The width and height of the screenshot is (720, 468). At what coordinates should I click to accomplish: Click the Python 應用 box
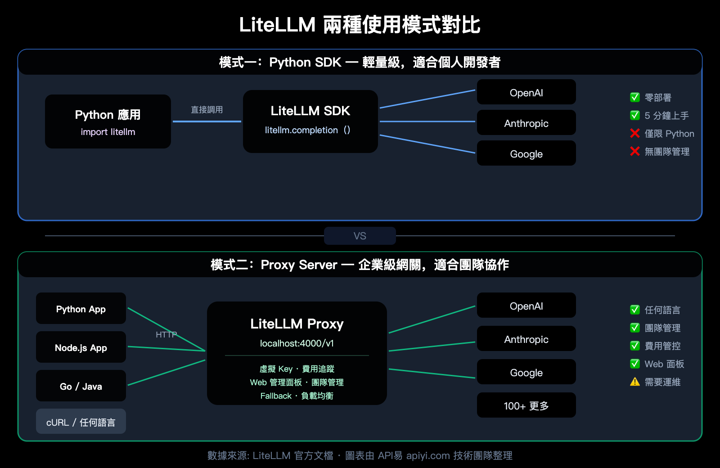coord(108,121)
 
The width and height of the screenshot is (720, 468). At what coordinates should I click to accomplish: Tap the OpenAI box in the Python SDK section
coord(526,92)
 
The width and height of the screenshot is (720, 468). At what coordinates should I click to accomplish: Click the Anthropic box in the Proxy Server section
coord(526,339)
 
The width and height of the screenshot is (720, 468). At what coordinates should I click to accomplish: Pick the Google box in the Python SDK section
coord(526,153)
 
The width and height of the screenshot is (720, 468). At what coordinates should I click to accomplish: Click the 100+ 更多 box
coord(526,405)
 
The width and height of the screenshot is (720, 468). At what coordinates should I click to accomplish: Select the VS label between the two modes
coord(360,236)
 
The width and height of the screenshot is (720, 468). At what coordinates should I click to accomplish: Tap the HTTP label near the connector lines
coord(166,334)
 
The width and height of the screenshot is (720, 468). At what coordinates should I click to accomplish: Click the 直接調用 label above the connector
coord(207,110)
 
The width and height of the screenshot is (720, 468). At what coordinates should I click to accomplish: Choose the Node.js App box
coord(81,347)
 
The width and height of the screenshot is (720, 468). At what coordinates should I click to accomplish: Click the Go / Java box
coord(81,386)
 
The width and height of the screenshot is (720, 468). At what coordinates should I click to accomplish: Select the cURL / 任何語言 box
coord(81,422)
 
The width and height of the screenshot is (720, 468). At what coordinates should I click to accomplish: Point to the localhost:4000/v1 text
coord(297,343)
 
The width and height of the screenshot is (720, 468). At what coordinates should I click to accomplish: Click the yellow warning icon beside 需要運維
coord(635,382)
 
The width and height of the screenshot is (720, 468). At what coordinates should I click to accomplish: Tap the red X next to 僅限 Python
coord(635,133)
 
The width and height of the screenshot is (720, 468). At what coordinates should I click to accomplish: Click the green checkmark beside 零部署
coord(635,97)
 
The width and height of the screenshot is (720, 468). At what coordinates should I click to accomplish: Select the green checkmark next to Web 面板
coord(635,364)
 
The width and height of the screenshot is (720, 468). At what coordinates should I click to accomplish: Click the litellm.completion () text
coord(307,130)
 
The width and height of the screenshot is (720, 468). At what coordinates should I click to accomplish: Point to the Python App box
coord(81,309)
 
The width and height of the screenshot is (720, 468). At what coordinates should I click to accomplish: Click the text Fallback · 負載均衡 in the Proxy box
coord(297,396)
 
